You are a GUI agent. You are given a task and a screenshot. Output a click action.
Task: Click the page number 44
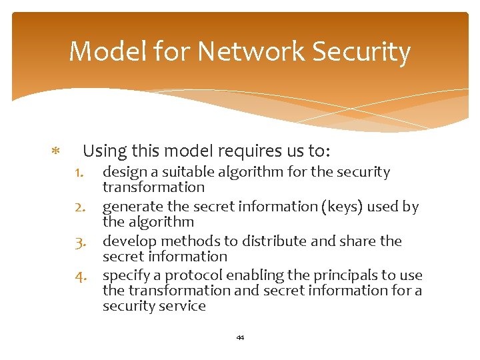click(240, 338)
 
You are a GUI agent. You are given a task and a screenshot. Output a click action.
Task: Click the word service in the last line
click(183, 307)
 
